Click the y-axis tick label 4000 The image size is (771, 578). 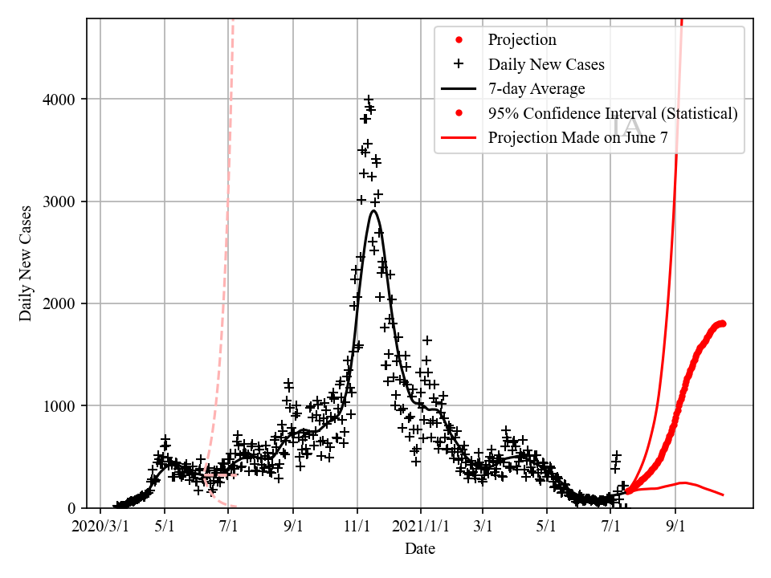[x=63, y=100]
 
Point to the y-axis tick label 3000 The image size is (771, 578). [x=63, y=201]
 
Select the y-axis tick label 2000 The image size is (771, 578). [x=63, y=303]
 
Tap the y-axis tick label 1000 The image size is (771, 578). [x=63, y=406]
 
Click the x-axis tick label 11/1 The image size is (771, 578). [x=357, y=527]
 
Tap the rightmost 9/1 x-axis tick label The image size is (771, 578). [x=675, y=527]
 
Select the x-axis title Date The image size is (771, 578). [x=420, y=549]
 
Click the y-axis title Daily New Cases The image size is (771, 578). [x=27, y=263]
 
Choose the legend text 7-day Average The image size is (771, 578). [x=536, y=89]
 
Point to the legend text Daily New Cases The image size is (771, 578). [x=546, y=64]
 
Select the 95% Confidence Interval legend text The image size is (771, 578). [x=613, y=113]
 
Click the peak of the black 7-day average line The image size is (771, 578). [x=373, y=211]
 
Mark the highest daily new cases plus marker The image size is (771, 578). [x=369, y=100]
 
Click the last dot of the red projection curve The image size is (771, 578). [x=723, y=324]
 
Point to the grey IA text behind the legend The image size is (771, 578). [x=627, y=127]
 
